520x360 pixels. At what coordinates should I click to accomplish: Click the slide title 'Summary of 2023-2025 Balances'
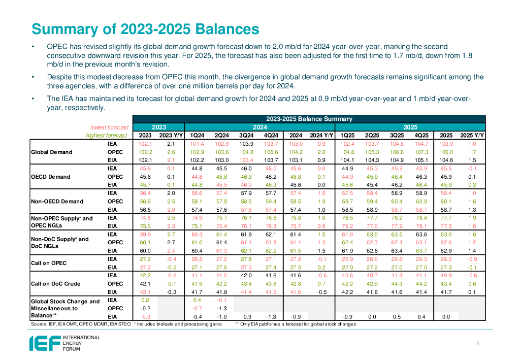[x=145, y=28]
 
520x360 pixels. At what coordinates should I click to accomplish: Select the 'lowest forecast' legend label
[x=109, y=127]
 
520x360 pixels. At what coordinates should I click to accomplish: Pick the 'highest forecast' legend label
[x=107, y=135]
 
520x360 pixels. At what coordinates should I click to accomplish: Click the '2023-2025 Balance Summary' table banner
[x=309, y=119]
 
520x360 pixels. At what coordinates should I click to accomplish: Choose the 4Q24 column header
[x=271, y=135]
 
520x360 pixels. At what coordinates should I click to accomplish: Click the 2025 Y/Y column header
[x=472, y=135]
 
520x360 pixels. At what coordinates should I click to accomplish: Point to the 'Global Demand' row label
[x=52, y=152]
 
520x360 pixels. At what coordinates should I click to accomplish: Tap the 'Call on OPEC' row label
[x=49, y=263]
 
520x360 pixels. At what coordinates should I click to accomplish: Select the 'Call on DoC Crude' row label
[x=55, y=283]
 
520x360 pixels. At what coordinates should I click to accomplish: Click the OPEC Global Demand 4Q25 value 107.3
[x=420, y=152]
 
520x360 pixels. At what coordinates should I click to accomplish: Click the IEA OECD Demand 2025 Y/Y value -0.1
[x=472, y=168]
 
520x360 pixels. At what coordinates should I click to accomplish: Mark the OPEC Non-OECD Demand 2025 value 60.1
[x=446, y=201]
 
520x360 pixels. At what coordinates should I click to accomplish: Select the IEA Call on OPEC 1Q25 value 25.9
[x=347, y=259]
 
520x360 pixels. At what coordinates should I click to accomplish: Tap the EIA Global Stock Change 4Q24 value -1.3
[x=271, y=316]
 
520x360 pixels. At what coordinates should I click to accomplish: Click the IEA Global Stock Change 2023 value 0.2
[x=145, y=300]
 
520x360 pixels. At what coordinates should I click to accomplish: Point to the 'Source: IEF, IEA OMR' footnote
[x=81, y=324]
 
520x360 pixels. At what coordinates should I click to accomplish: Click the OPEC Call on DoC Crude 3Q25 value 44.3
[x=396, y=283]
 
